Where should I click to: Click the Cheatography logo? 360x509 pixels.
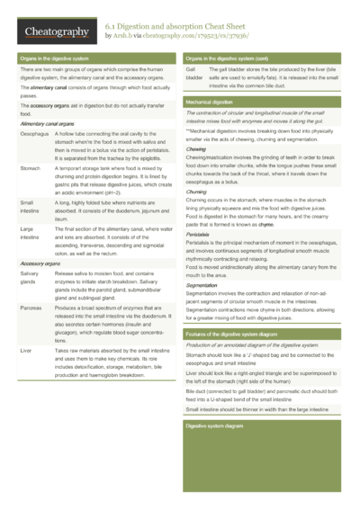coord(56,32)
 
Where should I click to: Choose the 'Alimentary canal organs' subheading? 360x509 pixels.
coord(48,122)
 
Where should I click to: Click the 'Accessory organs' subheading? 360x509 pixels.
coord(41,262)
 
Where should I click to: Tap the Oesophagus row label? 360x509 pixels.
coord(31,132)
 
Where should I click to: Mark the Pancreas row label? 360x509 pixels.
coord(30,307)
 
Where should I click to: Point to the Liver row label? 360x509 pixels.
coord(24,347)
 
